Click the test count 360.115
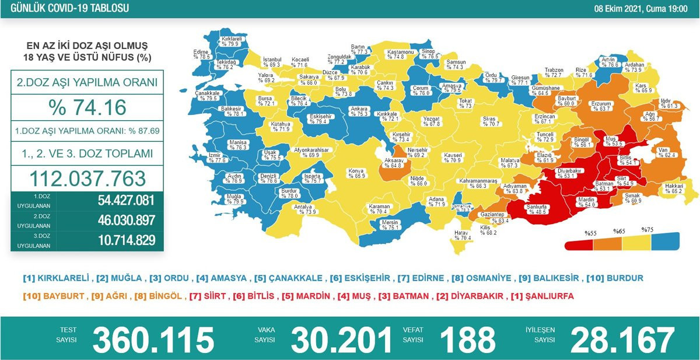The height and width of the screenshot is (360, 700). [x=153, y=340]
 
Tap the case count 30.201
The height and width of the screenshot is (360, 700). [x=341, y=340]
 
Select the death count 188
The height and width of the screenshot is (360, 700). [x=467, y=340]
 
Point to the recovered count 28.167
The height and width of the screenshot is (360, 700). [x=622, y=340]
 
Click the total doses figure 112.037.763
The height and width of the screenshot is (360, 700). [x=87, y=177]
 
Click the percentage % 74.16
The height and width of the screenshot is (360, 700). [x=87, y=108]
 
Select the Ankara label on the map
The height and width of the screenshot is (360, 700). [x=358, y=109]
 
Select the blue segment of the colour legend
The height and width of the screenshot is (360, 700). [x=665, y=240]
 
